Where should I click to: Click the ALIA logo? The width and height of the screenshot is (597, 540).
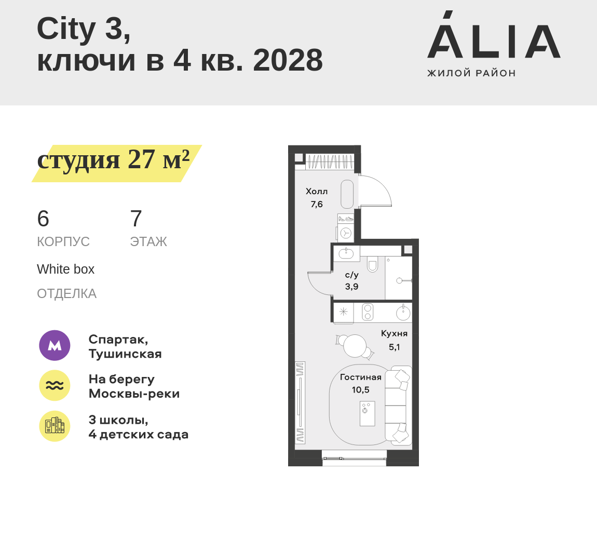click(493, 43)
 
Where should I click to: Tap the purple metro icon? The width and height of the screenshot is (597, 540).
click(55, 345)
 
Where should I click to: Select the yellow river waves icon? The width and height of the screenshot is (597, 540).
click(55, 385)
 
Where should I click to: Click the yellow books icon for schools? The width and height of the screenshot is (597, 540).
click(55, 426)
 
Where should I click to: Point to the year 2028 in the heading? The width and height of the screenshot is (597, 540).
click(288, 60)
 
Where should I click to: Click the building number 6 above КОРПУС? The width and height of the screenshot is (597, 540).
click(43, 219)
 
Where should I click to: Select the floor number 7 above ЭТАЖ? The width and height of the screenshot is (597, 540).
click(136, 219)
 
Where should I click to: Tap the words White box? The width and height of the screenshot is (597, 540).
click(65, 269)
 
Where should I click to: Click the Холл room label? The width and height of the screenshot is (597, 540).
click(317, 191)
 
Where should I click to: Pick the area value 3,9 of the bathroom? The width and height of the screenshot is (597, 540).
click(351, 287)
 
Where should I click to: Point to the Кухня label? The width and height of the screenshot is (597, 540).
click(394, 333)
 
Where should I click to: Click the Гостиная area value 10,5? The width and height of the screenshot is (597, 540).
click(360, 390)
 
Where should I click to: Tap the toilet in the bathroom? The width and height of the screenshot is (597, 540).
click(372, 265)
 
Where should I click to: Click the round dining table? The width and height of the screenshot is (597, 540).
click(355, 346)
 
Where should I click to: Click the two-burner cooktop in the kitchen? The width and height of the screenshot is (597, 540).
click(368, 312)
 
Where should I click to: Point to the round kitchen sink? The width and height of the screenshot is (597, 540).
click(403, 313)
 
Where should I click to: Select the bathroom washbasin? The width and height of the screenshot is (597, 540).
click(346, 253)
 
